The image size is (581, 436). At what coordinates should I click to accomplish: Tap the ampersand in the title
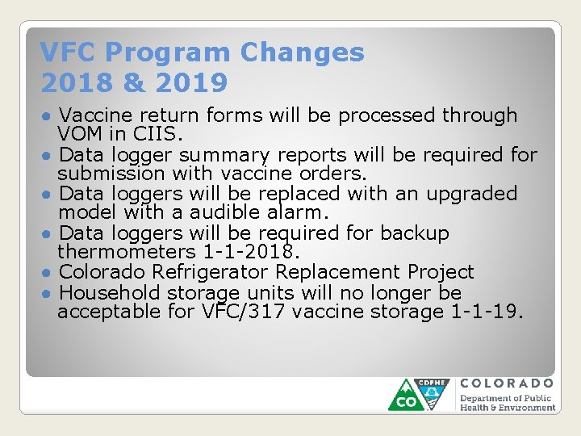point(132,82)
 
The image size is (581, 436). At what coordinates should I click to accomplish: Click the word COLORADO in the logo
point(507,384)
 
